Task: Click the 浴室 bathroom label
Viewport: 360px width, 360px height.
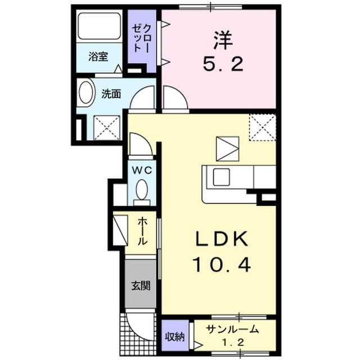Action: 98,56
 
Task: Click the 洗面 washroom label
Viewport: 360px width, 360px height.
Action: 111,94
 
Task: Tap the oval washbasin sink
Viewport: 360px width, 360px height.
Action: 86,93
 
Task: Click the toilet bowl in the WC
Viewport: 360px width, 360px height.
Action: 142,188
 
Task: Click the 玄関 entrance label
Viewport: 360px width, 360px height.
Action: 140,285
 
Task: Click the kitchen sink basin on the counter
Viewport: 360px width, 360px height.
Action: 220,177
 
